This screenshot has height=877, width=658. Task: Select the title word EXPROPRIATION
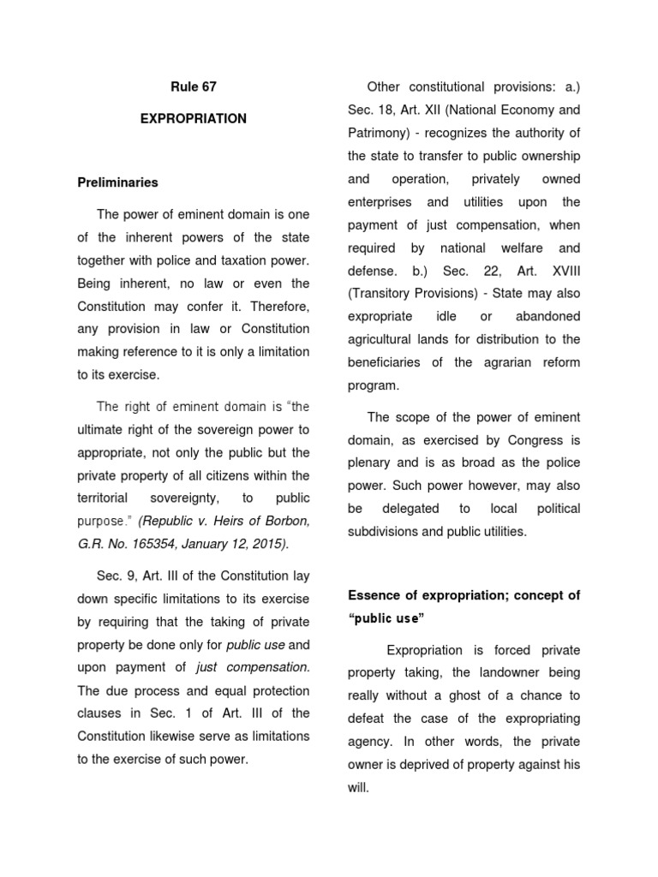click(x=193, y=119)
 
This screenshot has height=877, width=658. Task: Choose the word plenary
click(x=372, y=463)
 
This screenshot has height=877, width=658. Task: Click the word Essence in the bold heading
click(x=373, y=595)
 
